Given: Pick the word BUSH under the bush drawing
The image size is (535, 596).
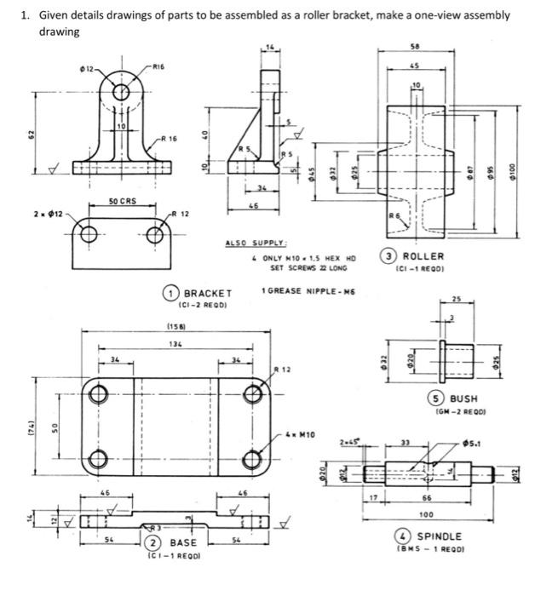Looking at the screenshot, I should pyautogui.click(x=463, y=398).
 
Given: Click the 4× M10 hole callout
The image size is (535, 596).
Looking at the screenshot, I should pyautogui.click(x=302, y=434).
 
